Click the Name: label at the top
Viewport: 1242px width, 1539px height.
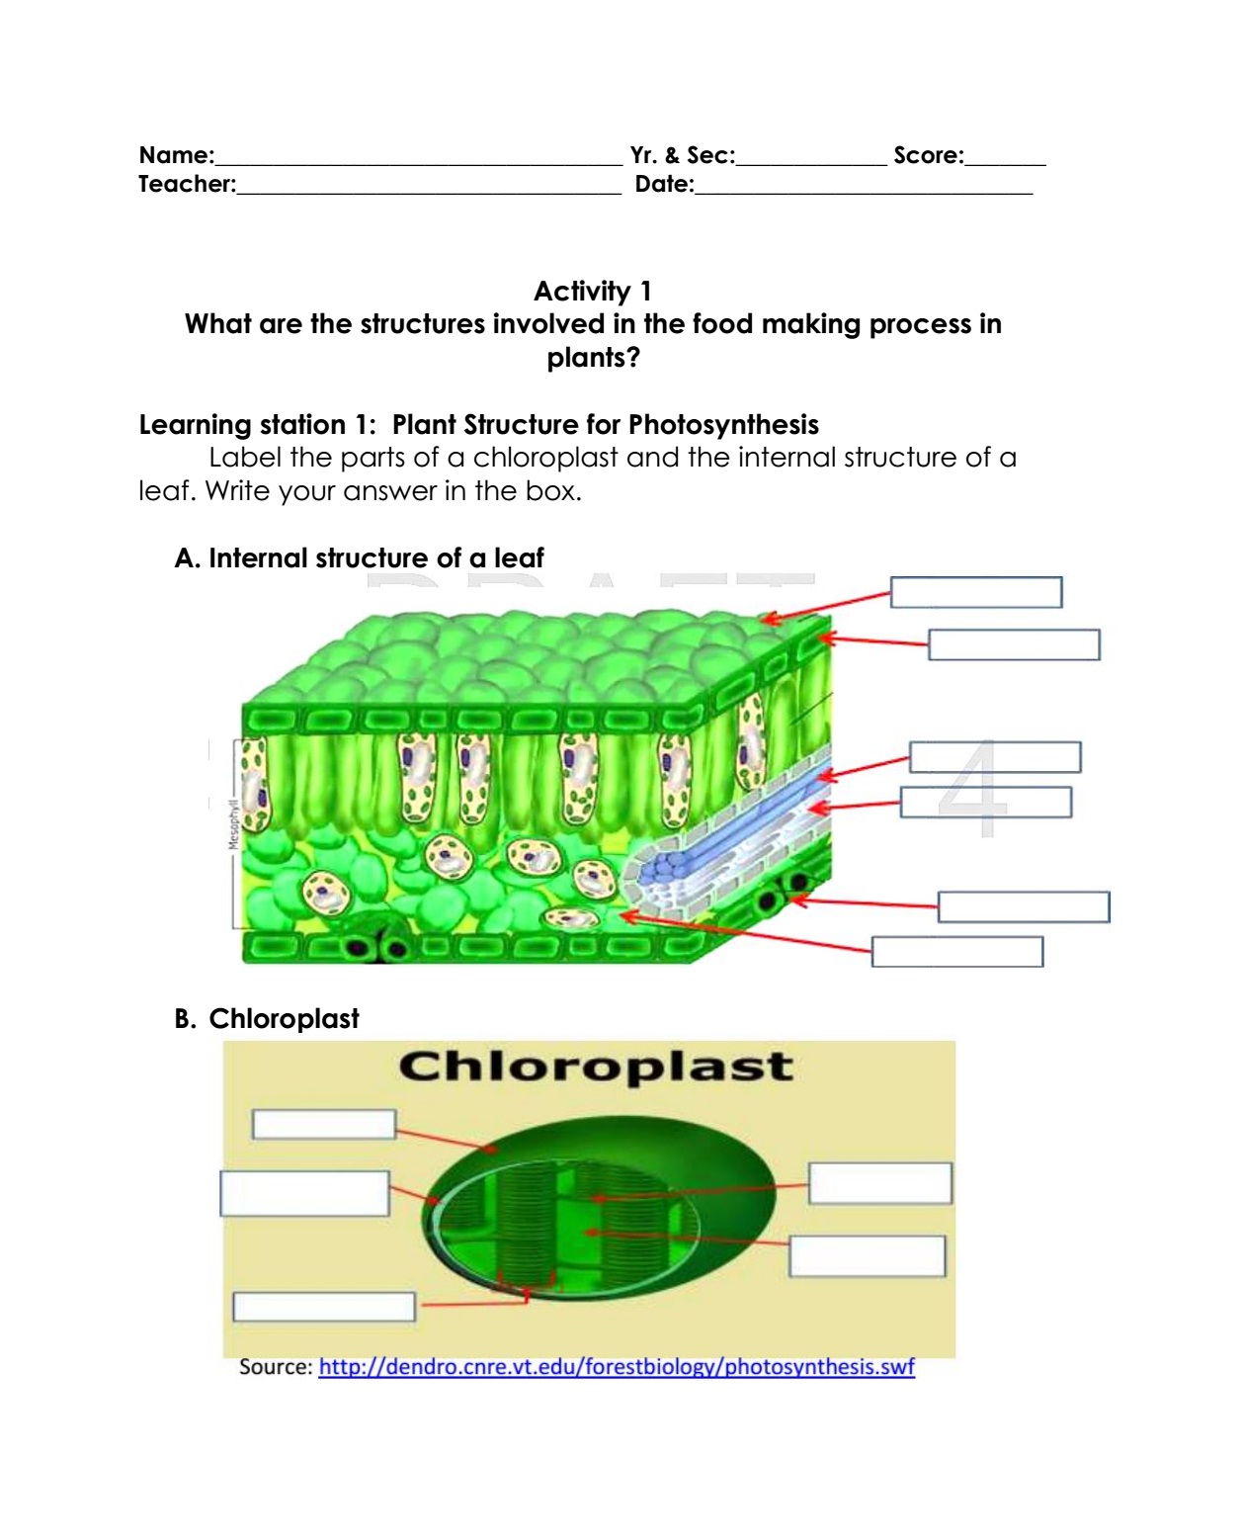[x=176, y=154]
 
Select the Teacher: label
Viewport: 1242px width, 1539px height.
[x=186, y=183]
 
